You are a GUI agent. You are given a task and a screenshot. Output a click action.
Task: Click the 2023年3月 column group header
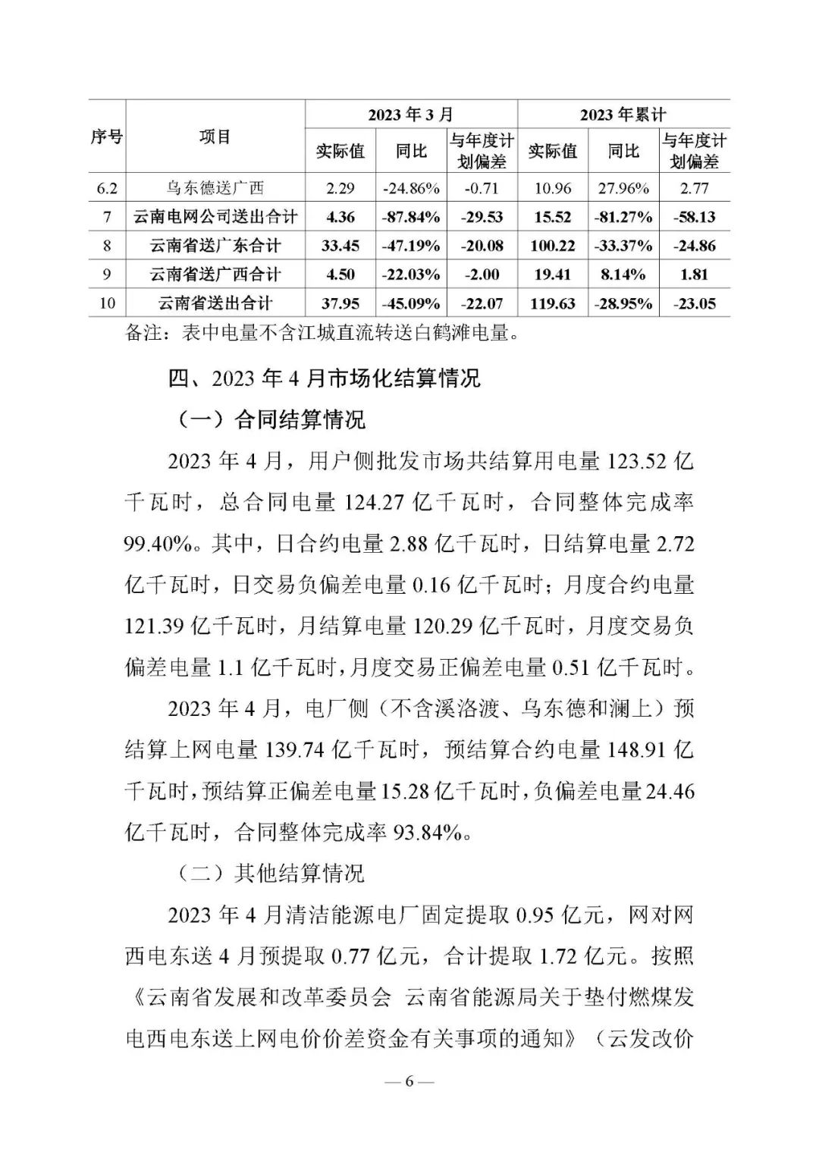tap(410, 115)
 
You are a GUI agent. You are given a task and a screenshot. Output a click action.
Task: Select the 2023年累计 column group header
tap(623, 115)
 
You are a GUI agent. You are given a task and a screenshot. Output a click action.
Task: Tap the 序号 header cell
tap(106, 137)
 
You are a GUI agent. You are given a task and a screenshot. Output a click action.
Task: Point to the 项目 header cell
tap(215, 137)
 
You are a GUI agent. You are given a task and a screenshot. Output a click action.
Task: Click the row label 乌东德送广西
tap(215, 188)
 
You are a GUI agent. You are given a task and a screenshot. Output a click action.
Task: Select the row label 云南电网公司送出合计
tap(215, 217)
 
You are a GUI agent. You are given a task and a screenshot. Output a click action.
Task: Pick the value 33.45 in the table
tap(340, 246)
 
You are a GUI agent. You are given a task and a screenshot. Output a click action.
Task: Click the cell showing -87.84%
tap(410, 217)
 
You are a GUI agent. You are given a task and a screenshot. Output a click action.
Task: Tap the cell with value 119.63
tap(553, 303)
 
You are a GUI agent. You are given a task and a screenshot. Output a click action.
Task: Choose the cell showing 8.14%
tap(623, 275)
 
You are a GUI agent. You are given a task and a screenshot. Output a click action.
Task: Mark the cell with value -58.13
tap(694, 217)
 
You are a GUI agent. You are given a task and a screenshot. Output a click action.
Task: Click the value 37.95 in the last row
tap(340, 303)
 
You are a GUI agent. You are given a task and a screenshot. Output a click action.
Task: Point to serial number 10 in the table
tap(107, 303)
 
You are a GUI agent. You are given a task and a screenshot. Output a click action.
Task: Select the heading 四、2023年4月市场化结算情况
tap(325, 378)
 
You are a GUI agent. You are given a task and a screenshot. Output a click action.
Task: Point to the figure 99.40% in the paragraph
tap(159, 544)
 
